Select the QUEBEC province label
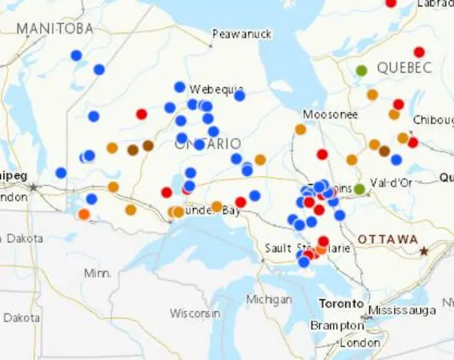point(404,67)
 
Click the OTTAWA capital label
point(388,240)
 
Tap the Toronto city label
point(342,304)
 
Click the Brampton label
point(337,326)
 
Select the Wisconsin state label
point(195,313)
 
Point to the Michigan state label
point(269,299)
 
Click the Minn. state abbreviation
point(98,274)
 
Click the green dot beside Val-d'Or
point(360,189)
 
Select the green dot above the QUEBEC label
point(361,70)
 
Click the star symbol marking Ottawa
point(424,250)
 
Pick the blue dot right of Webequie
point(239,96)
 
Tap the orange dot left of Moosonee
point(300,129)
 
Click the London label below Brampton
point(360,342)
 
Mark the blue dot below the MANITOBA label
point(76,55)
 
